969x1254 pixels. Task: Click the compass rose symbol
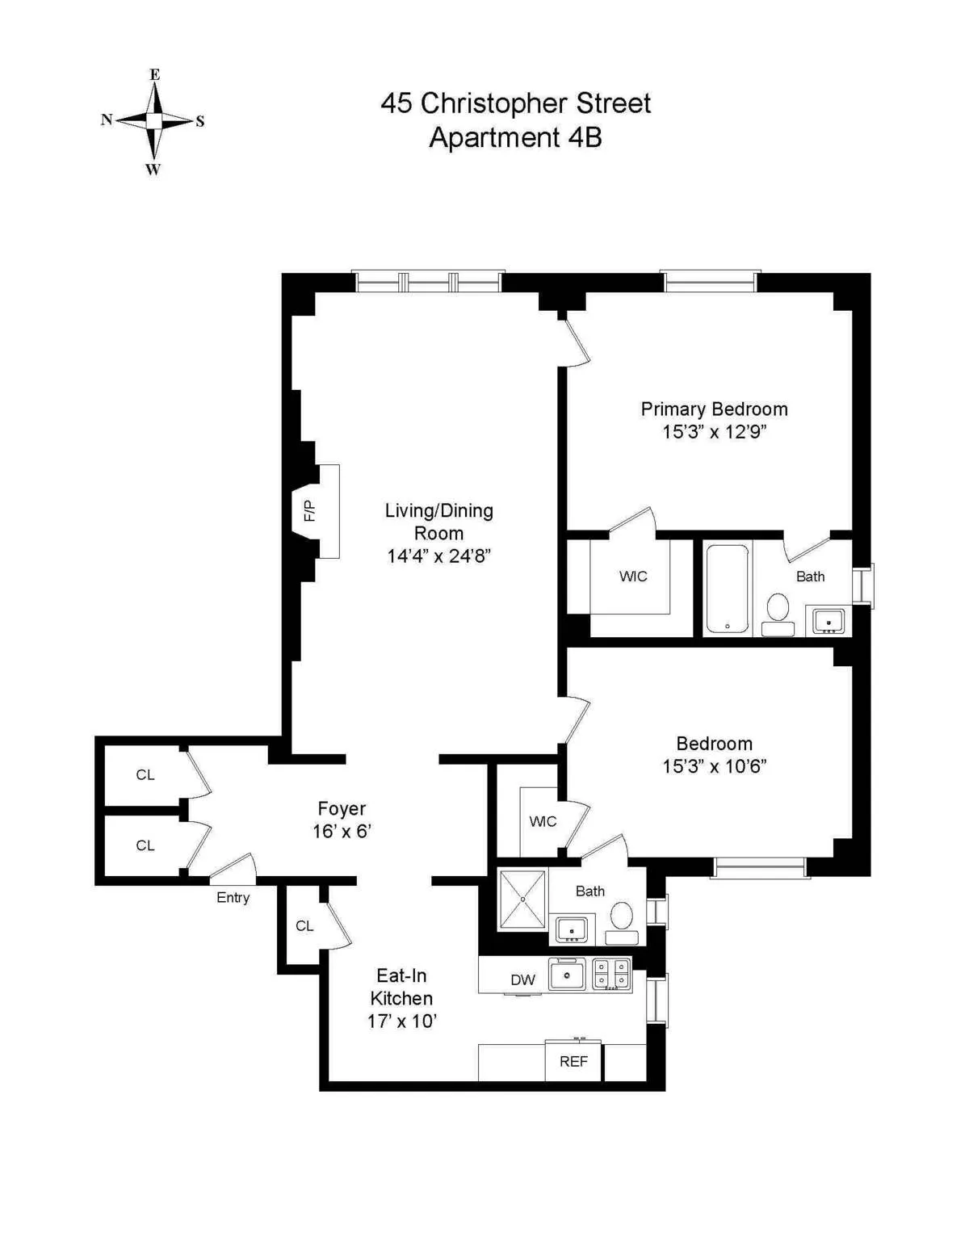point(153,121)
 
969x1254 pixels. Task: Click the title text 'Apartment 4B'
point(515,137)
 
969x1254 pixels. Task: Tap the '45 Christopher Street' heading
point(515,103)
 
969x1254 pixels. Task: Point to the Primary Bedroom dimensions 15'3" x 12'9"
point(714,432)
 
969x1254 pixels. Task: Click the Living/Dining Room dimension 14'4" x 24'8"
point(438,556)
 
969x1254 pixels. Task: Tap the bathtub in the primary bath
point(727,588)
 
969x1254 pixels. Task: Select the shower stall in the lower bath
point(522,899)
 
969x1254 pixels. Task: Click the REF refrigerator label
point(573,1061)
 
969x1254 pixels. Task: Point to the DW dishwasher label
point(522,979)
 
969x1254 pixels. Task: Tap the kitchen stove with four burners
point(611,975)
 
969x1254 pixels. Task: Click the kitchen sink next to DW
point(568,975)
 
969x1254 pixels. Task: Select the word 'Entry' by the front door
point(233,898)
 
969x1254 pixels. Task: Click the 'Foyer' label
point(342,808)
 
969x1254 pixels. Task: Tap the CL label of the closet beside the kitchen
point(304,926)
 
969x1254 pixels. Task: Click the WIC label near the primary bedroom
point(633,577)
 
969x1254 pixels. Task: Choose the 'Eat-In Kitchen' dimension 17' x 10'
point(401,1021)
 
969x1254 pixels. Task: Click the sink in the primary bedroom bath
point(828,622)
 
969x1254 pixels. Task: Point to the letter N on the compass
point(107,120)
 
